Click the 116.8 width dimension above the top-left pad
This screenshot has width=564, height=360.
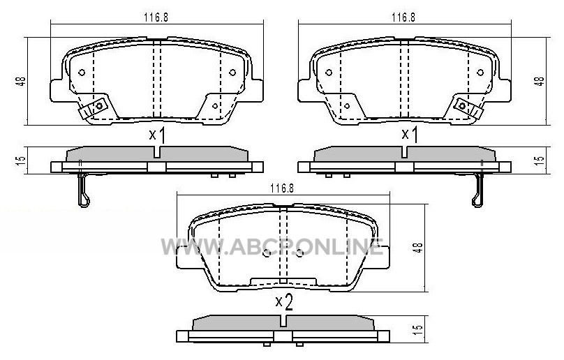[156, 17]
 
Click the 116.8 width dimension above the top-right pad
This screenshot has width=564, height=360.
[403, 17]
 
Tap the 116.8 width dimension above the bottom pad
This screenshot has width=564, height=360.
[283, 188]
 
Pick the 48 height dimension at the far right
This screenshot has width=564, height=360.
[540, 81]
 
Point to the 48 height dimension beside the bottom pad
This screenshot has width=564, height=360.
[418, 248]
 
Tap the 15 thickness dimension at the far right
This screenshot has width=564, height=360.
[540, 160]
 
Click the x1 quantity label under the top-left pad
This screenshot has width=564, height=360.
[158, 135]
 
